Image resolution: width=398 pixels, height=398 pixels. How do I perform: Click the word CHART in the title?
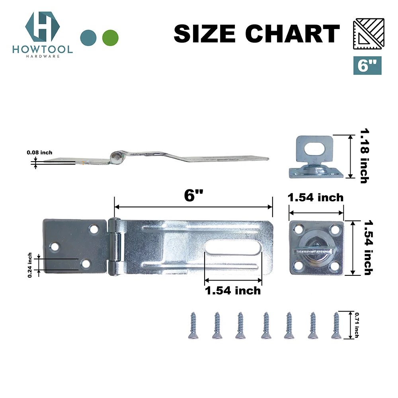tap(293, 33)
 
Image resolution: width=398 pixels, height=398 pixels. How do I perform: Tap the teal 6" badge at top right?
tap(367, 66)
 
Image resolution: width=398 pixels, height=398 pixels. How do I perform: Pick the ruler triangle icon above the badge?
tap(369, 34)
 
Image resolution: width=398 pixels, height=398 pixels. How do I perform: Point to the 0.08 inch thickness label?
tap(39, 152)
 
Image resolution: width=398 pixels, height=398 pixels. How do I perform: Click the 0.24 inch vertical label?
tap(30, 265)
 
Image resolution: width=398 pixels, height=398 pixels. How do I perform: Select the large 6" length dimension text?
tap(193, 196)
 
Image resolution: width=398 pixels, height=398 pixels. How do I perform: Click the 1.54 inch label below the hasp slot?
tap(233, 291)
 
